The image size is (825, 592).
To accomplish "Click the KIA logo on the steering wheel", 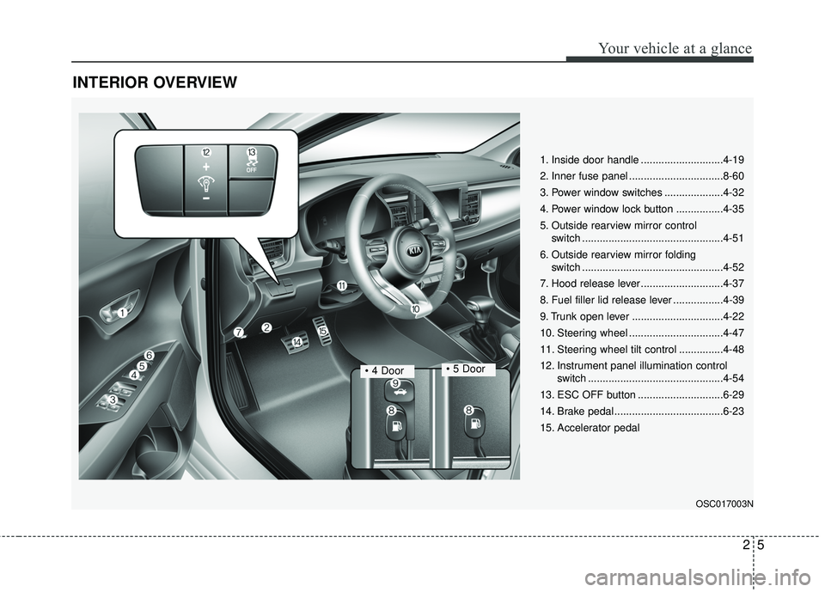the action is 415,250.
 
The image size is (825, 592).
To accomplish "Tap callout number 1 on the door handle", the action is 122,313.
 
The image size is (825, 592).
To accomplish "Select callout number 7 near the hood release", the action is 239,332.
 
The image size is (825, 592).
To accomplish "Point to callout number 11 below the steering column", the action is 341,286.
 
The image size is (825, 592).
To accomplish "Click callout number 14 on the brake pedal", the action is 296,342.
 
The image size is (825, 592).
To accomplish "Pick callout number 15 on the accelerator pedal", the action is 322,330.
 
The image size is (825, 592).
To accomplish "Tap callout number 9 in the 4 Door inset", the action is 394,383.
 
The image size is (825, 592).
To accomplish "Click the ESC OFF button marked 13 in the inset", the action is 252,161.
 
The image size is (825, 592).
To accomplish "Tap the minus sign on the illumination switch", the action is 205,198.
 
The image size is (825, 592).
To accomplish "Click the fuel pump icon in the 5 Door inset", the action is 474,424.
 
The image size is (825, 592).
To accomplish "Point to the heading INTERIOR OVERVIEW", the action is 155,82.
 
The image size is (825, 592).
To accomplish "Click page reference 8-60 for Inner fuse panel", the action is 733,176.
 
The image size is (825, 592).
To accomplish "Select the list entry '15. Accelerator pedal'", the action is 590,428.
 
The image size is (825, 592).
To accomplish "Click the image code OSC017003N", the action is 724,504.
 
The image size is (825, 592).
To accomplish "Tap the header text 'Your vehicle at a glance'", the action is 675,48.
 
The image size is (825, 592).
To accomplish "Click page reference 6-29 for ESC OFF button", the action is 733,395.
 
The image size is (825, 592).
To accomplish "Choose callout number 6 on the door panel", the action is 150,356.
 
